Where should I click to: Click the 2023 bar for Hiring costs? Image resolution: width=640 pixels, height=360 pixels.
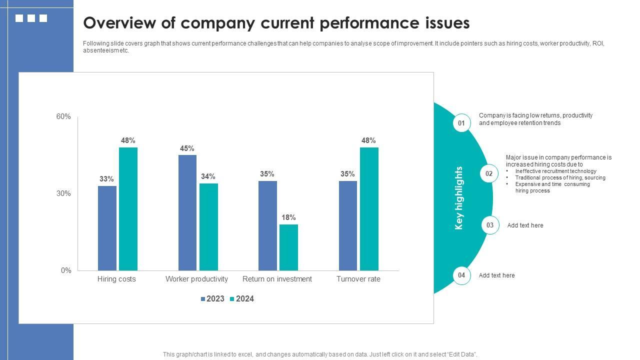pyautogui.click(x=107, y=228)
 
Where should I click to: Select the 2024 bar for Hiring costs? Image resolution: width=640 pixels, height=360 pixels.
pyautogui.click(x=128, y=209)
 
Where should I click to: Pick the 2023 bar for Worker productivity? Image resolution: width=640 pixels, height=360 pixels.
pyautogui.click(x=187, y=212)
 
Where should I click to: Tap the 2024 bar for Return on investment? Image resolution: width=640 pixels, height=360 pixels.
pyautogui.click(x=288, y=247)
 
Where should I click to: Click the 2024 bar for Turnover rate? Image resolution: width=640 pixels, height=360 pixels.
pyautogui.click(x=369, y=209)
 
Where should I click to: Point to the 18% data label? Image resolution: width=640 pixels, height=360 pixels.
pyautogui.click(x=288, y=217)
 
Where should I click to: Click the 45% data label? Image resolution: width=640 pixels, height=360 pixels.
pyautogui.click(x=187, y=148)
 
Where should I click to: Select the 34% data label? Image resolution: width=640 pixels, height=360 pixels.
pyautogui.click(x=208, y=176)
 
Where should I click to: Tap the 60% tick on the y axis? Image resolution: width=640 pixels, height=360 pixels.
pyautogui.click(x=63, y=116)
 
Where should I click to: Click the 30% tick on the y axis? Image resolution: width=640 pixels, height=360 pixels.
pyautogui.click(x=63, y=193)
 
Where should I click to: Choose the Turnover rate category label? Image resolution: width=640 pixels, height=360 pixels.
pyautogui.click(x=358, y=279)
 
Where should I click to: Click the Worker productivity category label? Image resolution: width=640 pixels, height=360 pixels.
pyautogui.click(x=196, y=279)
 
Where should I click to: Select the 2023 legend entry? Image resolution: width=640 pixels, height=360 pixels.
pyautogui.click(x=212, y=299)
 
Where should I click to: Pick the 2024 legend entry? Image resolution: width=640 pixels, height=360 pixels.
pyautogui.click(x=241, y=299)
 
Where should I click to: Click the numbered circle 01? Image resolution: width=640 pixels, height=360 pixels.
pyautogui.click(x=461, y=123)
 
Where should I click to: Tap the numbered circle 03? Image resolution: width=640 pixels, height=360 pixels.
pyautogui.click(x=490, y=225)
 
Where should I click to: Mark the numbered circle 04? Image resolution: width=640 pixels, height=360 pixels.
pyautogui.click(x=461, y=275)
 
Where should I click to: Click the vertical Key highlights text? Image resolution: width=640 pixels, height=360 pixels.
pyautogui.click(x=459, y=198)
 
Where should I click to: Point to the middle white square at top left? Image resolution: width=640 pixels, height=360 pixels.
pyautogui.click(x=31, y=18)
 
